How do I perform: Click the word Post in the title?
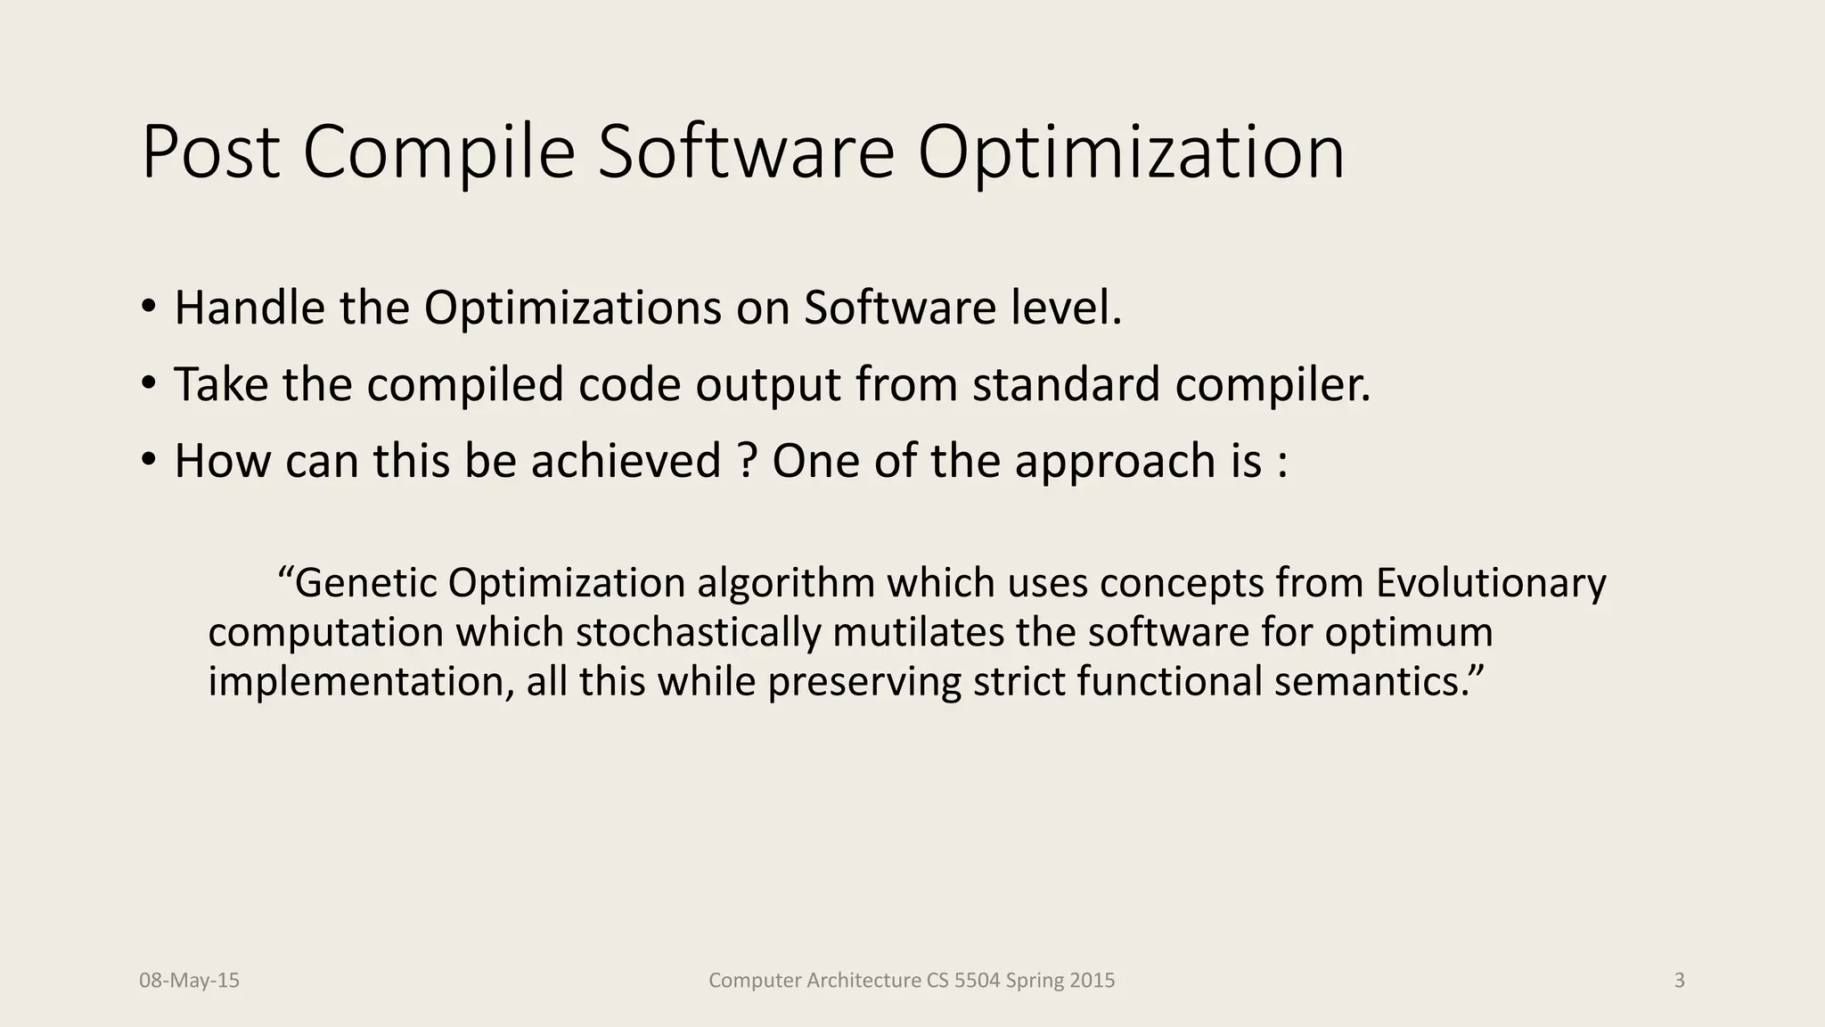click(211, 152)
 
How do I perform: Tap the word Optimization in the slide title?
click(1131, 152)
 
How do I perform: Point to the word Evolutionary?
click(1491, 583)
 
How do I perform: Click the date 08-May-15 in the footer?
click(189, 981)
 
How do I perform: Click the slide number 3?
click(1679, 981)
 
